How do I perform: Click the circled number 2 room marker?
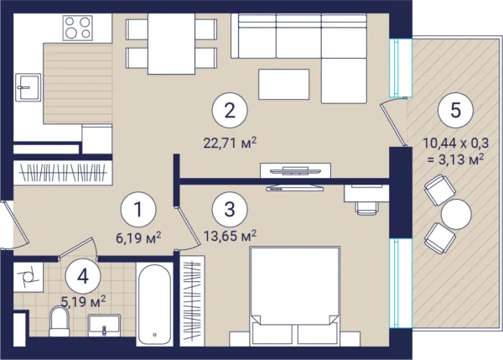[x=230, y=111]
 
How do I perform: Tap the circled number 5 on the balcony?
[x=455, y=109]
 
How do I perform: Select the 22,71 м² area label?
[x=230, y=143]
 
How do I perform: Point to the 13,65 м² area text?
[x=230, y=236]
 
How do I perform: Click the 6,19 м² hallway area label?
[x=138, y=238]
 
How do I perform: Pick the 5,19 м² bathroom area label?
[x=83, y=301]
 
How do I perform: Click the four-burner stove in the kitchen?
[x=78, y=28]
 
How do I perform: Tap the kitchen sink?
[x=29, y=87]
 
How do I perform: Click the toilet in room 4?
[x=60, y=321]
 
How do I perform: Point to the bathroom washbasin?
[x=104, y=326]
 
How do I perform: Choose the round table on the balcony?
[x=456, y=214]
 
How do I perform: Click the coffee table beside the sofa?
[x=284, y=84]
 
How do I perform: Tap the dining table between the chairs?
[x=171, y=44]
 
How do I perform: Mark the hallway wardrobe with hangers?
[x=63, y=173]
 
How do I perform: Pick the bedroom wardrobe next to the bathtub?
[x=192, y=301]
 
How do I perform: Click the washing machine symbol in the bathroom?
[x=29, y=277]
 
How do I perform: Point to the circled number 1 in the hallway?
[x=138, y=209]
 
